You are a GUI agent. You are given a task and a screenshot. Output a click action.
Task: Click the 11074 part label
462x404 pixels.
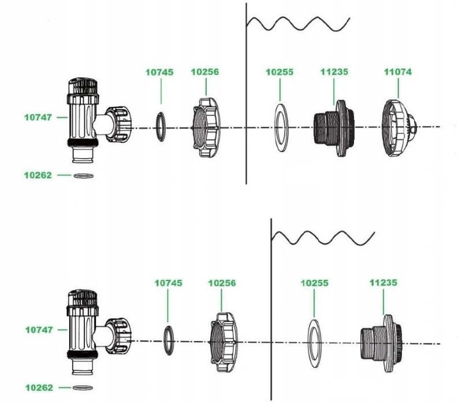click(398, 72)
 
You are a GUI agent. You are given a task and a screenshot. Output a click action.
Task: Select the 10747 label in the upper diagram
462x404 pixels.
click(38, 117)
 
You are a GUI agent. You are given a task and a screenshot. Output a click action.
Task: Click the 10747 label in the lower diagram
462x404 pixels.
click(39, 330)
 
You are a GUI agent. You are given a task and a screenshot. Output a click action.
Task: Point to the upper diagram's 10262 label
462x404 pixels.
click(38, 175)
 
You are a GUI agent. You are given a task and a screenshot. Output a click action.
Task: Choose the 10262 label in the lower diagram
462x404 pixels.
click(39, 387)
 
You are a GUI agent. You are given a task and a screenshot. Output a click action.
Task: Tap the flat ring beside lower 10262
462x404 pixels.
click(83, 387)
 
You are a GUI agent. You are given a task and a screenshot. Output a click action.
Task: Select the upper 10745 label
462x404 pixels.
click(159, 72)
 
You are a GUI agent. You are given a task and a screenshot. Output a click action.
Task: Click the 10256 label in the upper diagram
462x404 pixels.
click(205, 72)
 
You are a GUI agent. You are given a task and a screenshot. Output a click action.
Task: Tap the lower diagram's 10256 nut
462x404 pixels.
click(221, 342)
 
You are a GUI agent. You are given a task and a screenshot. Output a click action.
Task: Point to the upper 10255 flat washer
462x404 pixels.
click(281, 127)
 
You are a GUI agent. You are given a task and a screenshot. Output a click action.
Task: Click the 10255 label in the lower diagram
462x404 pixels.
click(315, 284)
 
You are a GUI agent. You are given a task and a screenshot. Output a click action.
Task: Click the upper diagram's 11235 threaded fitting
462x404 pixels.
click(331, 128)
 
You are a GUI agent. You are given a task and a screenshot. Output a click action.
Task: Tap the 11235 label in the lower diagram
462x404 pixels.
click(383, 283)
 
